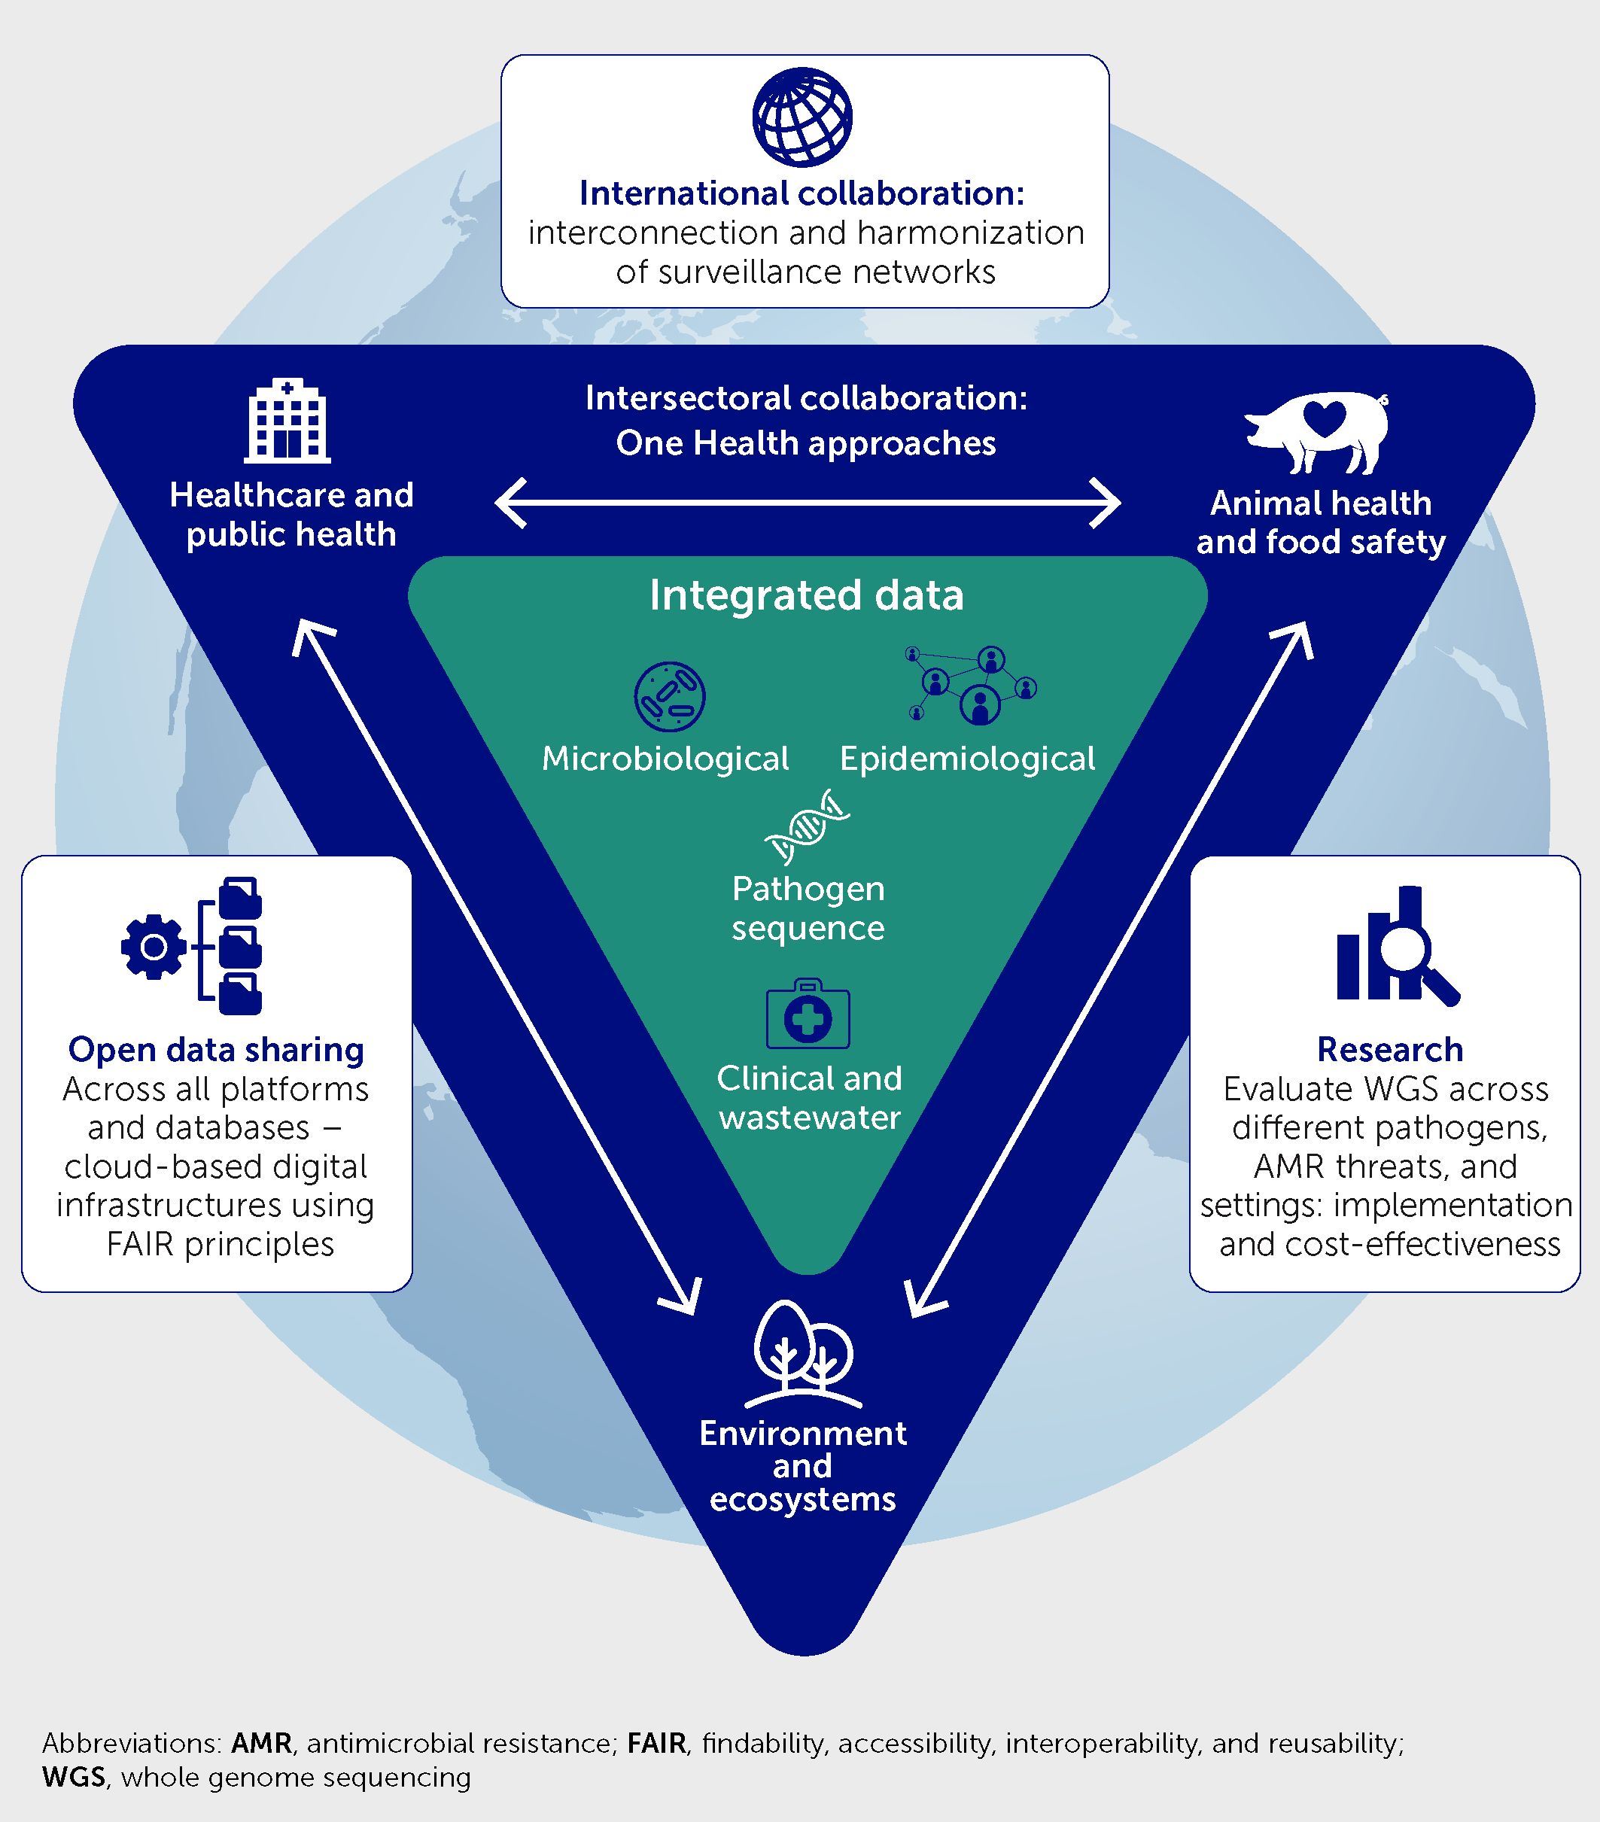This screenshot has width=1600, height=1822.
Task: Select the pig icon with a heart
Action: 1318,431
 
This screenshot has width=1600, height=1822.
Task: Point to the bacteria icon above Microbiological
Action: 669,696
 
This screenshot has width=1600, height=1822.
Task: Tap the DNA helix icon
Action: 807,826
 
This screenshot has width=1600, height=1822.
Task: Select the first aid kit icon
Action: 808,1015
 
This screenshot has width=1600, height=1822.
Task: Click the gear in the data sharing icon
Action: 154,946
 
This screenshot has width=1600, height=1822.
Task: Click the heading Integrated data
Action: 806,595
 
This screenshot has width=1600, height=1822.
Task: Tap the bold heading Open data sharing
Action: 217,1049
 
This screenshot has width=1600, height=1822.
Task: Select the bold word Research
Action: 1389,1049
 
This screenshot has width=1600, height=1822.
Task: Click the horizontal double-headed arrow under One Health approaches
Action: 807,503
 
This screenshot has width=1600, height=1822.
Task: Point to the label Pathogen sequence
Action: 808,908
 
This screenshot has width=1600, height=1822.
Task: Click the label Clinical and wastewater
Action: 809,1097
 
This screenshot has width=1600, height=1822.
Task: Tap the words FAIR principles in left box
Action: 221,1243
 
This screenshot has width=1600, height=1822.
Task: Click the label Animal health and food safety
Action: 1320,522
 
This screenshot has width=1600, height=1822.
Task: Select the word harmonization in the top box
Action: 971,233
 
